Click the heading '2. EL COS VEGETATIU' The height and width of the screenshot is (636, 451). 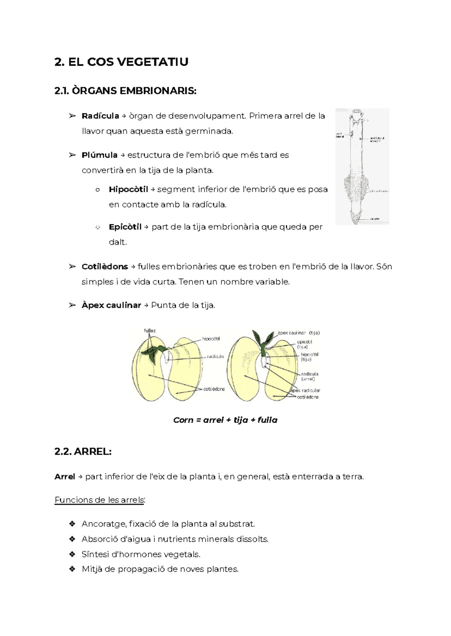pos(121,62)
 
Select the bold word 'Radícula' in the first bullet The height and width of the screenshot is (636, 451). pos(100,116)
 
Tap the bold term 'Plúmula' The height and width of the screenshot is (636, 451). pos(99,155)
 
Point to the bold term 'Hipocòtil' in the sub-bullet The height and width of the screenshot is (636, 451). pos(128,189)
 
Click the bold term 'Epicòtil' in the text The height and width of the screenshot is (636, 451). pos(125,227)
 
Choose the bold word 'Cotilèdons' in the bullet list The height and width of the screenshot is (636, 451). pos(104,267)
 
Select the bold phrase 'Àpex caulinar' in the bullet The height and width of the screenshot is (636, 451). pos(111,305)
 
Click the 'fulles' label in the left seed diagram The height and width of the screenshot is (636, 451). pos(150,331)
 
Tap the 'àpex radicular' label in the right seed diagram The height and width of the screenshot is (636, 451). pos(305,390)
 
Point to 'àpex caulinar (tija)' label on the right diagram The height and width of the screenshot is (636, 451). pos(298,333)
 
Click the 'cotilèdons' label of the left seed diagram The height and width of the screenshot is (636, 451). pos(214,389)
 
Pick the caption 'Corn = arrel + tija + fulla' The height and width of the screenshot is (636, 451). pos(225,420)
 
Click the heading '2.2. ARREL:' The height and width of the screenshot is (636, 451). pos(83,452)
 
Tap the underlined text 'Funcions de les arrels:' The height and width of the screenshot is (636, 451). pos(100,500)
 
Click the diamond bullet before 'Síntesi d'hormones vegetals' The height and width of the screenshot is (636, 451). pos(72,554)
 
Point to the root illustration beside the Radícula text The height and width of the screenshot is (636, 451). pos(362,167)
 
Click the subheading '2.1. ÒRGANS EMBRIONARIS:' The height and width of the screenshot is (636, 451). pos(125,91)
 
